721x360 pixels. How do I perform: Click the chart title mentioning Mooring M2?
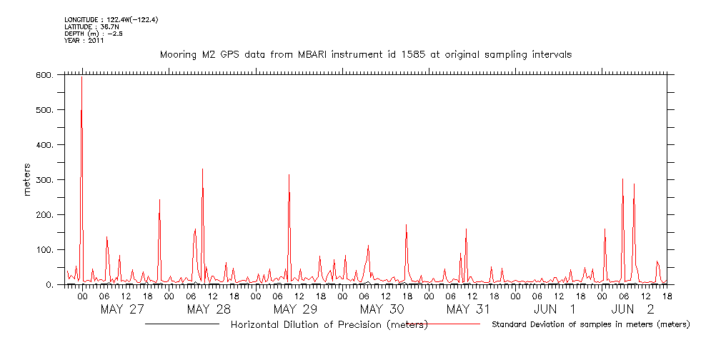pos(365,54)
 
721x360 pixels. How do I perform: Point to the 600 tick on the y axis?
pos(43,75)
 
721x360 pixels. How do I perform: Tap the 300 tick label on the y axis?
pos(43,180)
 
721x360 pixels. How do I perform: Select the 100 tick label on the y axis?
pos(43,250)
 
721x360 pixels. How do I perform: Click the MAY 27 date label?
pos(122,309)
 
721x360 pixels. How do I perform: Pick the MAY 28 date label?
pos(209,309)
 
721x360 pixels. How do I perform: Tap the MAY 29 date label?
pos(295,309)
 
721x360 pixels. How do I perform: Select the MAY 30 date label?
pos(382,309)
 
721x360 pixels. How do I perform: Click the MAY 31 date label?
pos(468,309)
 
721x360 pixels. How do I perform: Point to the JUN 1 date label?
pos(555,309)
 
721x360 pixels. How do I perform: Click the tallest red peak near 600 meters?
pos(81,77)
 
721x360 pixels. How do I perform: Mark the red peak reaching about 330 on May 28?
pos(203,170)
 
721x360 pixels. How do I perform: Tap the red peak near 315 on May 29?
pos(289,175)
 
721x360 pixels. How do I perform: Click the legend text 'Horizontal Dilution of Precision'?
pos(329,325)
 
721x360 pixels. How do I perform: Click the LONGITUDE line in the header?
pos(111,20)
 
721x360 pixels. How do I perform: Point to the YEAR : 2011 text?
pos(84,41)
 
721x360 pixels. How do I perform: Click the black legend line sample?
pos(182,324)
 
